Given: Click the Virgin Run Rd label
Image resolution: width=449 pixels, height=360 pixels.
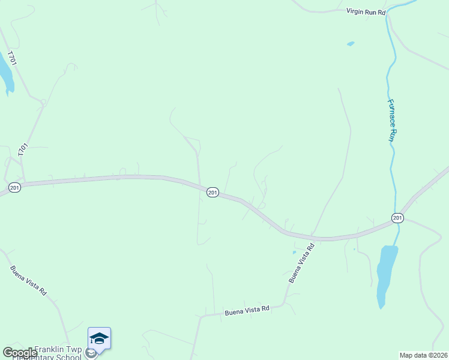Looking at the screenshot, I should [x=366, y=11].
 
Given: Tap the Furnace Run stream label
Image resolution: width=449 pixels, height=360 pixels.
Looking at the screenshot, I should [x=392, y=120].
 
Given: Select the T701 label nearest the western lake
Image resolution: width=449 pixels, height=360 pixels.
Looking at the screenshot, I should [x=10, y=58].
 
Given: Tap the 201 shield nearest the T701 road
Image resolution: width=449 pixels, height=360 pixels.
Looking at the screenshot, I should [x=15, y=188].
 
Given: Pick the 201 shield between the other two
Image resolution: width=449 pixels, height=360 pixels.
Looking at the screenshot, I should [x=212, y=192].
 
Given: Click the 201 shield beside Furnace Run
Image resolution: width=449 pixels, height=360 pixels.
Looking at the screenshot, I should [x=397, y=217].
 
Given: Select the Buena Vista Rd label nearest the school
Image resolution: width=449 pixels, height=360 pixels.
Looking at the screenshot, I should [x=28, y=280].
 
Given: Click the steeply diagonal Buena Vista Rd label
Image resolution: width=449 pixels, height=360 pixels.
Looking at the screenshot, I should [x=301, y=263].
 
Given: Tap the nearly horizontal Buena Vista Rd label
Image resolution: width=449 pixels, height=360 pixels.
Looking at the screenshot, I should [x=247, y=311].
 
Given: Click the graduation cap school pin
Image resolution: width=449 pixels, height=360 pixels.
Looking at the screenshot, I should [x=99, y=338].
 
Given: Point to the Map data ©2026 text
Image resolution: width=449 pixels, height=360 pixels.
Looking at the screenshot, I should [x=424, y=355].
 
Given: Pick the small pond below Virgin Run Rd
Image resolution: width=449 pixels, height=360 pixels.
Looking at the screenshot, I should [x=351, y=44].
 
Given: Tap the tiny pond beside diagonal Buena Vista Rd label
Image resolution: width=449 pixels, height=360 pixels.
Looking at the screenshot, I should [x=294, y=253].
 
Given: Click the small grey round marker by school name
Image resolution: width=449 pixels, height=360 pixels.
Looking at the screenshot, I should [x=91, y=353].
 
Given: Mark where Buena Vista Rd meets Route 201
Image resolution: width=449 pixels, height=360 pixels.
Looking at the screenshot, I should [x=312, y=236].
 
